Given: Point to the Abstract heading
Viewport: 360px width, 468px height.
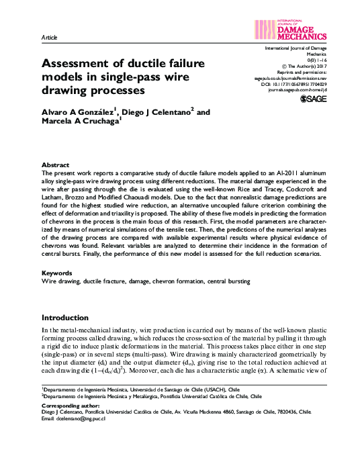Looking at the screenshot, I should pyautogui.click(x=55, y=165).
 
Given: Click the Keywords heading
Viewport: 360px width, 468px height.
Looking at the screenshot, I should pyautogui.click(x=57, y=273).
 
